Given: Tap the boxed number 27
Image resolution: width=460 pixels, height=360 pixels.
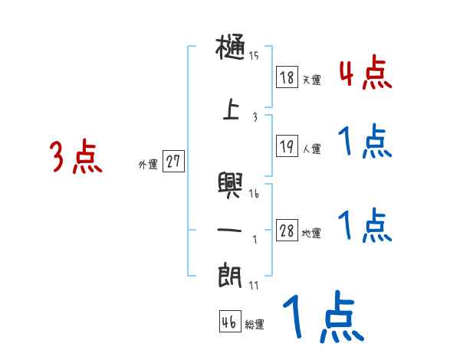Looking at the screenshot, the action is [173, 162].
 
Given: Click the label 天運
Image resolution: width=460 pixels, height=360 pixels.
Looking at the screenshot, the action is [311, 80].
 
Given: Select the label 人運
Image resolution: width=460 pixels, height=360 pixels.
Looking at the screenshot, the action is [311, 148].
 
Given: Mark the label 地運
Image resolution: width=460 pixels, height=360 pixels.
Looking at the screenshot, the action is [311, 234].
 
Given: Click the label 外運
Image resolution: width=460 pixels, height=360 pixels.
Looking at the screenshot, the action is [148, 165].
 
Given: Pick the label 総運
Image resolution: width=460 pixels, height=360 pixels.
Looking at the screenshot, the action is [255, 325].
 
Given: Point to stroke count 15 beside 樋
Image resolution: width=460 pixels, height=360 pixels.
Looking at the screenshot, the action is [254, 55].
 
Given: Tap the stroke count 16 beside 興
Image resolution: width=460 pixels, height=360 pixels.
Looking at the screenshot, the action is [254, 194].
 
